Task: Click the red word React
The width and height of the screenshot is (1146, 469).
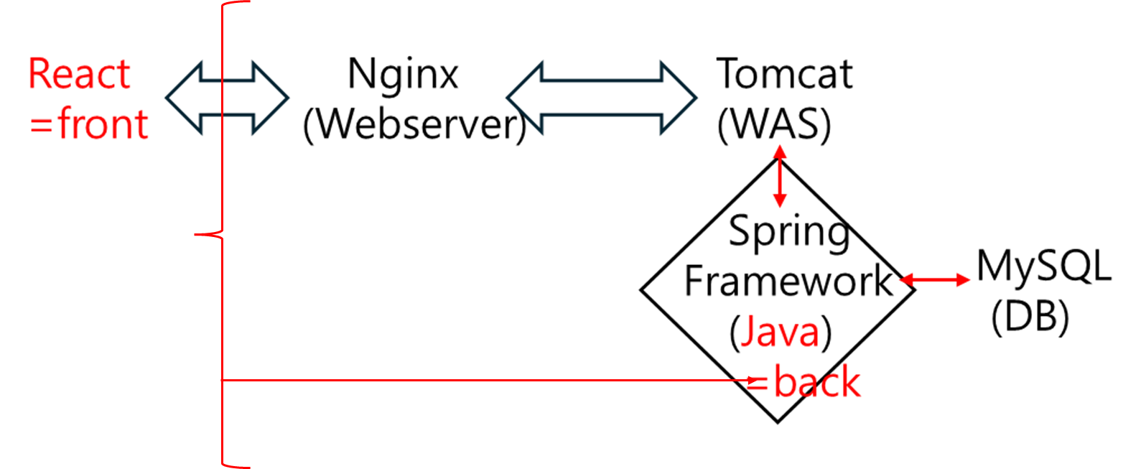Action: click(79, 75)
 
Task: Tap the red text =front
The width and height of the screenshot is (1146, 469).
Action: click(89, 124)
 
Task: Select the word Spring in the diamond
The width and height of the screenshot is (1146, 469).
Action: click(788, 232)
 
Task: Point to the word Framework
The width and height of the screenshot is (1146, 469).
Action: click(788, 280)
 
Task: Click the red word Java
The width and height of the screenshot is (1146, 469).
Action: click(780, 332)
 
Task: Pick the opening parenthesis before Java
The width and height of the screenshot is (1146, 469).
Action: click(734, 333)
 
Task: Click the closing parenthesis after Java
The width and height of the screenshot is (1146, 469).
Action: click(826, 333)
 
